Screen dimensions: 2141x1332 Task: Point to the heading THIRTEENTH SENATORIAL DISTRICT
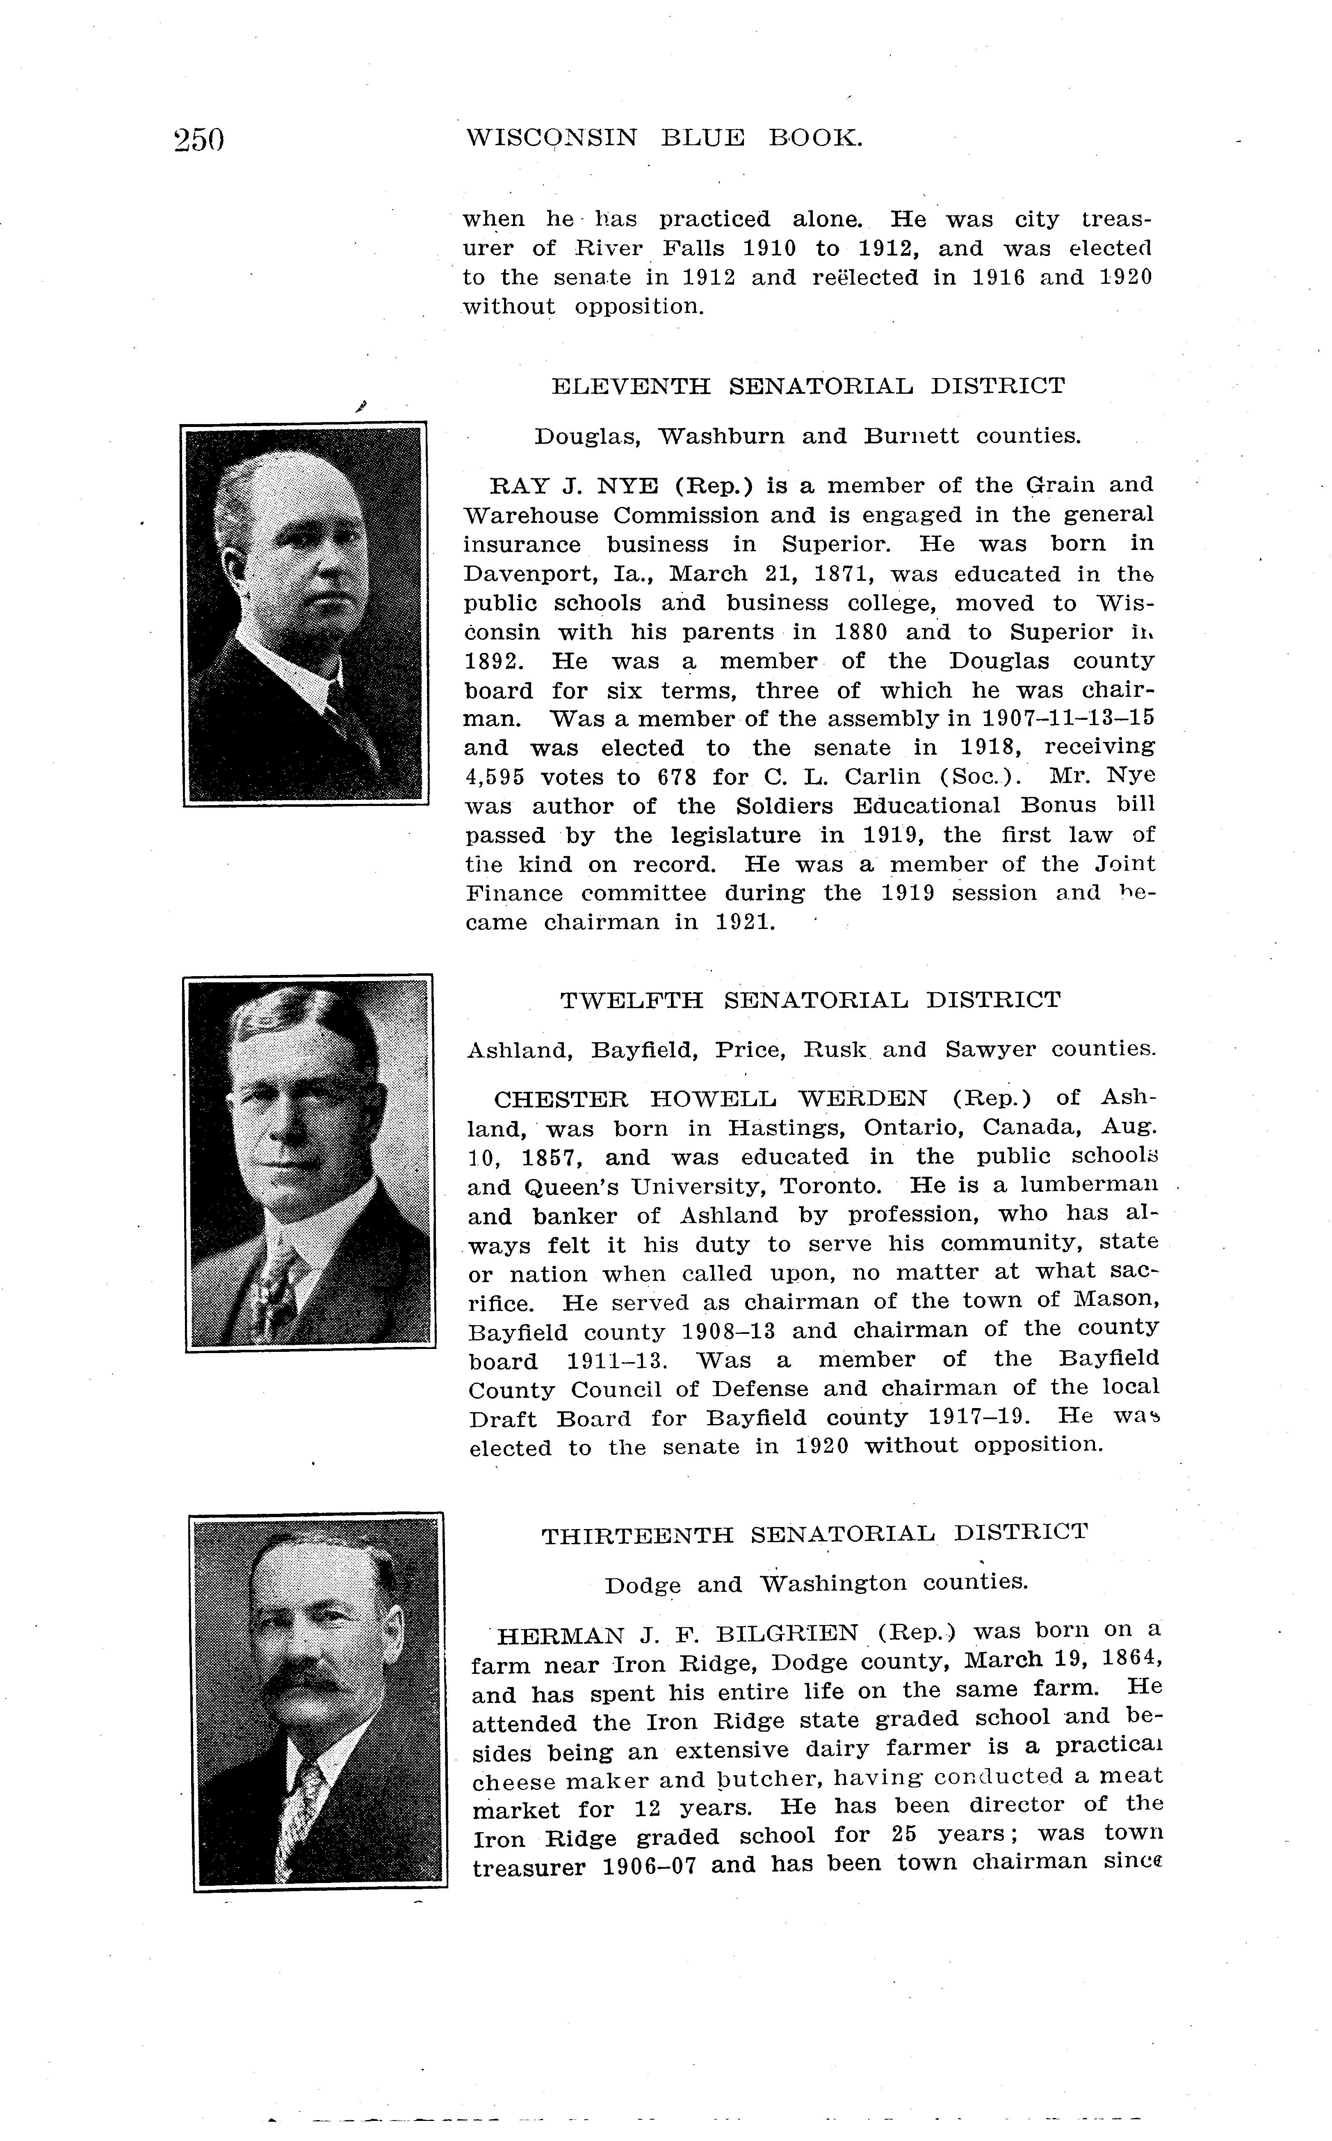[x=814, y=1534]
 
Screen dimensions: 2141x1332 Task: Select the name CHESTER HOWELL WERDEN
[x=710, y=1099]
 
